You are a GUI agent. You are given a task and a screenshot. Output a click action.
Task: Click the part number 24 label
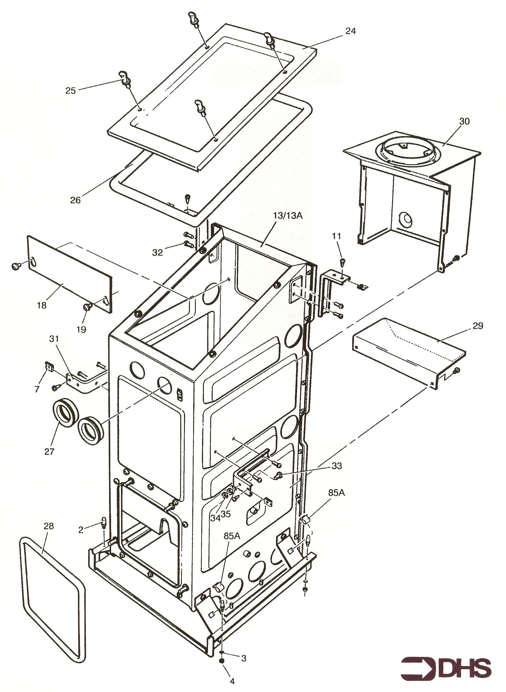[x=350, y=31]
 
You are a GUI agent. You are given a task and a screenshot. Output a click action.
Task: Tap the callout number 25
[x=71, y=91]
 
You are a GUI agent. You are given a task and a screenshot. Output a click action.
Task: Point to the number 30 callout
[x=464, y=121]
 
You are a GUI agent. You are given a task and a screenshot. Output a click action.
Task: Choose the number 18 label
[x=42, y=305]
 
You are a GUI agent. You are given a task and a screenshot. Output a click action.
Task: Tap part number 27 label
[x=49, y=451]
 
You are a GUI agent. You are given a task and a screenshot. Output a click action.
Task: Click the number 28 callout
[x=48, y=526]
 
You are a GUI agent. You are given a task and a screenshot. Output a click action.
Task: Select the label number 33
[x=337, y=466]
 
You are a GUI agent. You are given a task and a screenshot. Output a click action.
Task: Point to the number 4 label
[x=232, y=681]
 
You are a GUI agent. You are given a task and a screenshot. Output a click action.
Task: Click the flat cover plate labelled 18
[x=70, y=274]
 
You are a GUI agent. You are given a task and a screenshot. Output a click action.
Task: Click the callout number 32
[x=157, y=253]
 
